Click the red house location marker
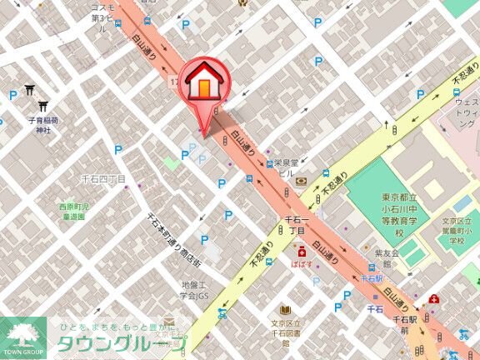tap(202, 86)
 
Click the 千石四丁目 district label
tap(103, 179)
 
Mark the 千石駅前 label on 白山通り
tap(403, 325)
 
